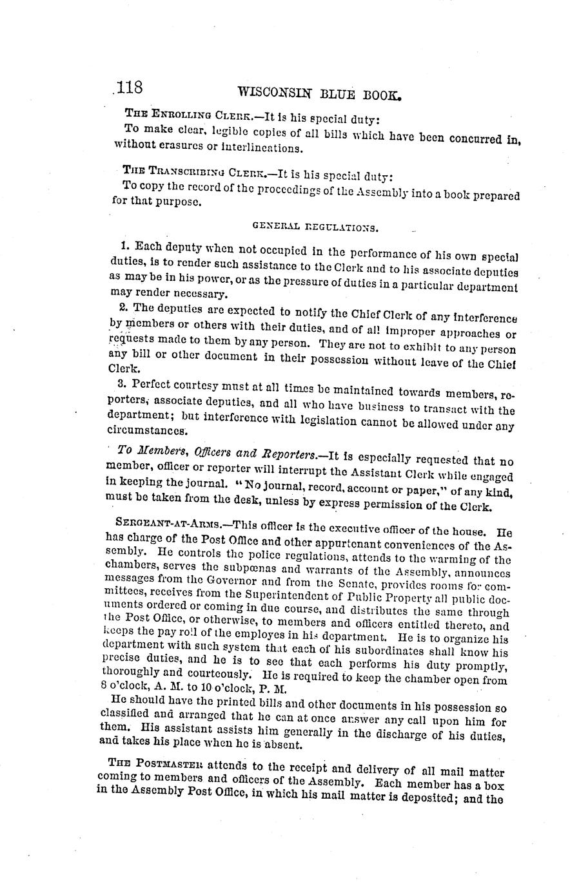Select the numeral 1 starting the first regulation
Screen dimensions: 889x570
point(124,245)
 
